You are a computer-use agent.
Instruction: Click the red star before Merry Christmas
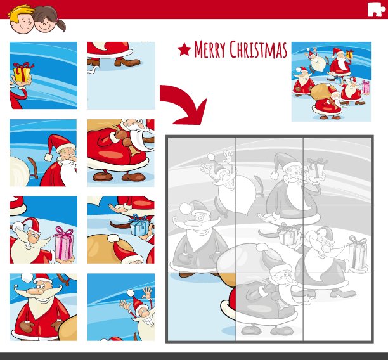tap(184, 49)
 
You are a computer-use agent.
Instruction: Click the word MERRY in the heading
tap(210, 49)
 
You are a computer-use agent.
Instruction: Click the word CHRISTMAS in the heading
tap(258, 49)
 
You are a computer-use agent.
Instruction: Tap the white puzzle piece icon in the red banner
tap(376, 10)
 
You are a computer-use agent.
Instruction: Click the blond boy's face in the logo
tap(22, 22)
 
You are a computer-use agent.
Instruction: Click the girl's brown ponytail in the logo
tap(61, 25)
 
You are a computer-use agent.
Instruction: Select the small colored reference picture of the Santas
tap(331, 82)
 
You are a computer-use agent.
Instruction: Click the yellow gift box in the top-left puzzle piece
tap(22, 73)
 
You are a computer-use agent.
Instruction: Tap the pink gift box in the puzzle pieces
tap(64, 245)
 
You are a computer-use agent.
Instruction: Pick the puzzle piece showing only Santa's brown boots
tap(121, 75)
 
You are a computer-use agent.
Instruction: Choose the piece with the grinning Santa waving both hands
tap(121, 307)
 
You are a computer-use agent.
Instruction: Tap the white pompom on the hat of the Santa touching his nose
tap(48, 157)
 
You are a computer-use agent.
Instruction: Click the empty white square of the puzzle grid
tap(337, 307)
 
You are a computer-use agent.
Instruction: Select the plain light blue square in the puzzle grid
tap(202, 307)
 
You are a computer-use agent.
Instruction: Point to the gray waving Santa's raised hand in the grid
tap(228, 156)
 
